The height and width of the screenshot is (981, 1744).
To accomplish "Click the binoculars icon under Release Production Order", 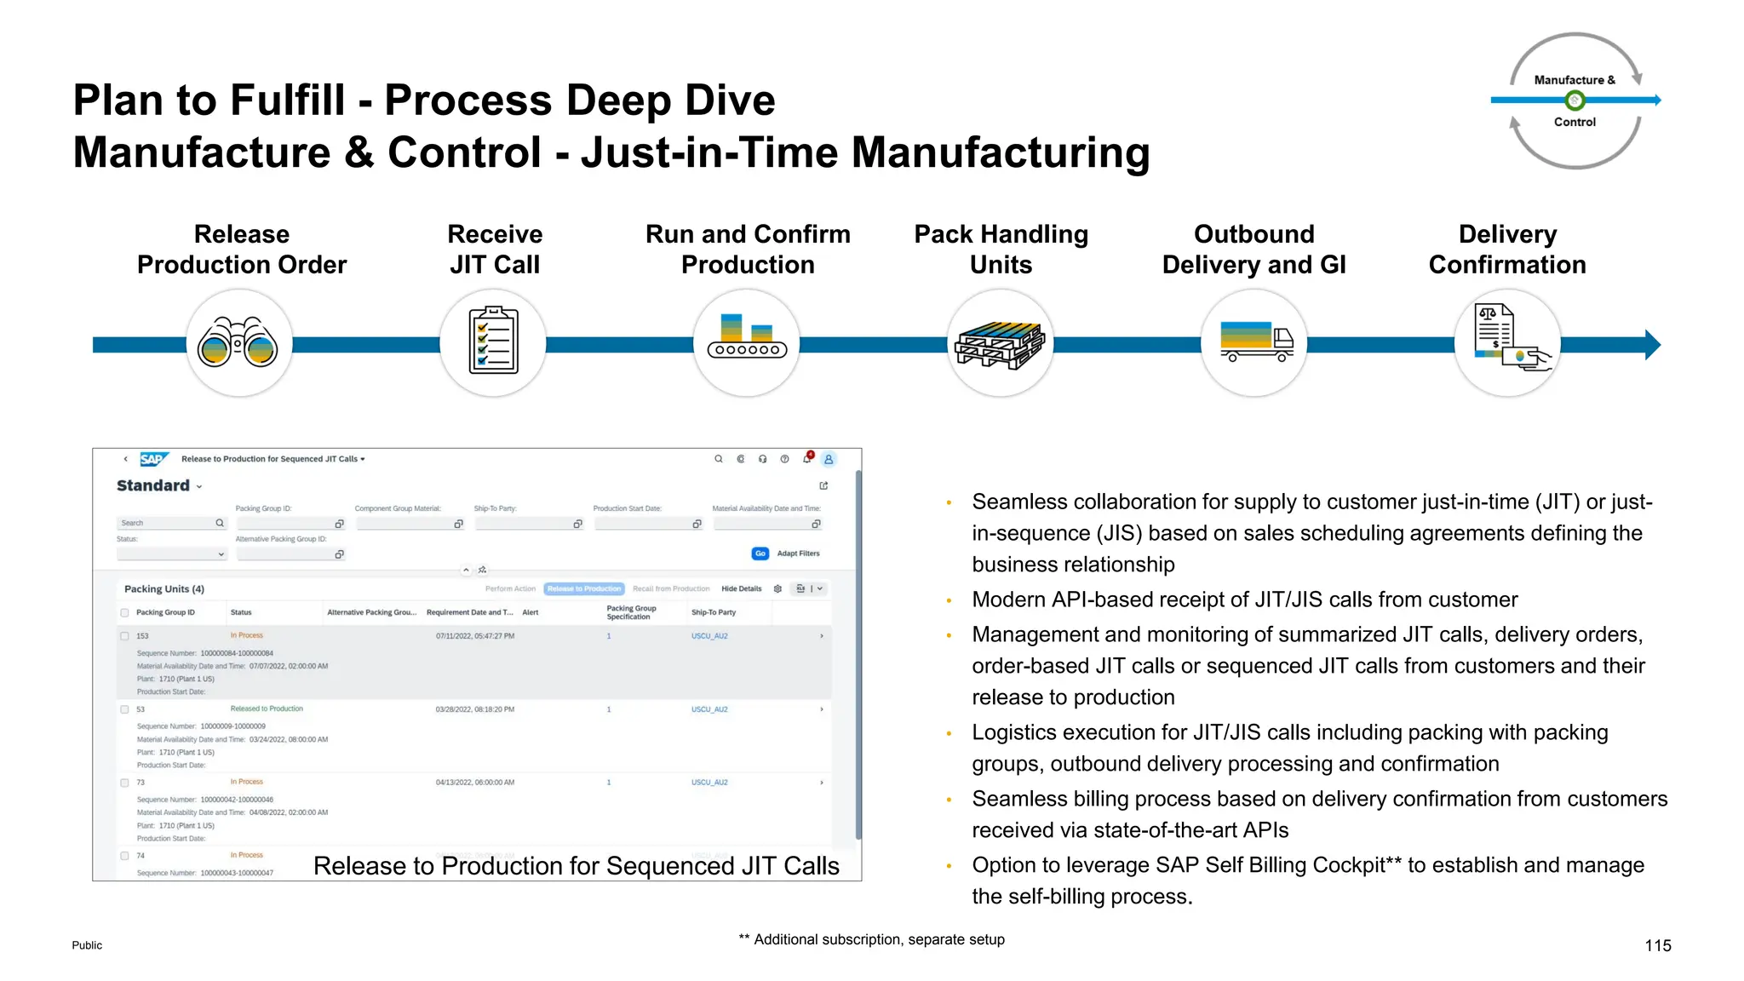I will [238, 343].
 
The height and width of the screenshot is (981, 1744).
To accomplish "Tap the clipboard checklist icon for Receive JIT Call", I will [493, 341].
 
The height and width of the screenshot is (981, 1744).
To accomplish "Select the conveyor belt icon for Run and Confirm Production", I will [747, 338].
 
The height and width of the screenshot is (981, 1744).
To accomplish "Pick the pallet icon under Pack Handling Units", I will [1000, 344].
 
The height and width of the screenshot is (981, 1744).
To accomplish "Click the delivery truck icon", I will [1255, 341].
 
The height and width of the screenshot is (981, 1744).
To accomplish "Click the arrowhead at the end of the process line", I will [1652, 345].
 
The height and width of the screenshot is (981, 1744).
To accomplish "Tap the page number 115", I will [1657, 945].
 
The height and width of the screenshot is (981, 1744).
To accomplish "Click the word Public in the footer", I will [87, 945].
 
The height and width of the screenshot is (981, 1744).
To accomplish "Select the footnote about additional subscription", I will [871, 939].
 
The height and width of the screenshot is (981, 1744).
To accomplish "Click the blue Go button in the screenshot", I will [760, 554].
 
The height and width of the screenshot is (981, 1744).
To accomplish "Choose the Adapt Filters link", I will [798, 554].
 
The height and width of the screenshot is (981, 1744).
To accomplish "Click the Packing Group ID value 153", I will [142, 636].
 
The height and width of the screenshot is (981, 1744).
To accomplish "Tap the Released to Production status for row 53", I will [267, 708].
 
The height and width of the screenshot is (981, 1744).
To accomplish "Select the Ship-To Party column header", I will [713, 612].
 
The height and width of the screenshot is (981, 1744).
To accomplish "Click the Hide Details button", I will [741, 588].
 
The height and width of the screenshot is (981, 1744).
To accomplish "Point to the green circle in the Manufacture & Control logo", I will [1575, 100].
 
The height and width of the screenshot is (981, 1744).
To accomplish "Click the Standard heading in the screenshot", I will [153, 485].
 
